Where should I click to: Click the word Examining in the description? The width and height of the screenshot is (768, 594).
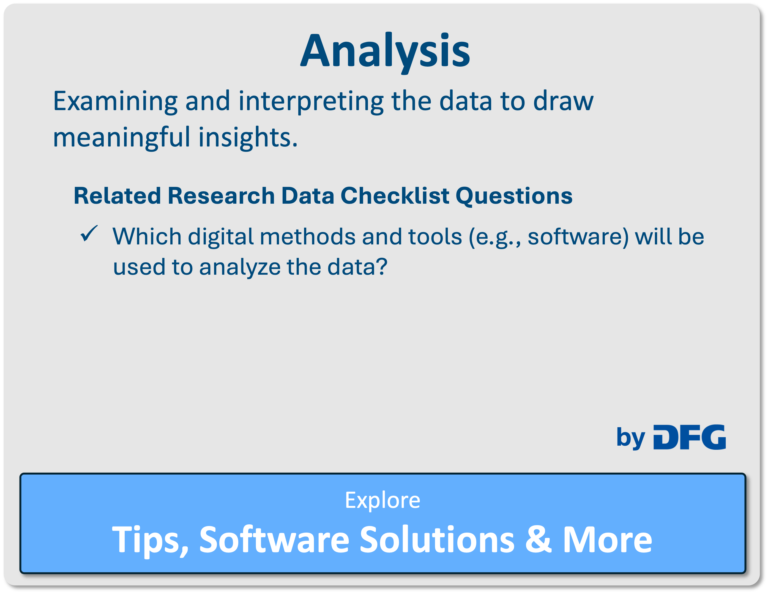pos(116,102)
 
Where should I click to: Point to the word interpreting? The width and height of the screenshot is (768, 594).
pos(311,102)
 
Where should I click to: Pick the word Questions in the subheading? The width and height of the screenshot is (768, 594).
pos(514,196)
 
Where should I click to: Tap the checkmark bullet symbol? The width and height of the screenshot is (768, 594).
pos(89,233)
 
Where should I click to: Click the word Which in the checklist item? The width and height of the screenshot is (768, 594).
pos(147,236)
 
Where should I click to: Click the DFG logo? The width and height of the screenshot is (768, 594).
pos(690,437)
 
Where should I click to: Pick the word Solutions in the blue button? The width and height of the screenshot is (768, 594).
pos(437,539)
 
